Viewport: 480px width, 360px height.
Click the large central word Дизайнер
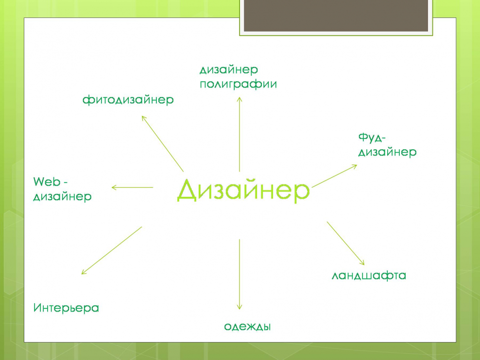243,190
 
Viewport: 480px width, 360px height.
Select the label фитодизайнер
128,101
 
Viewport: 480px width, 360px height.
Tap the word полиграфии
238,84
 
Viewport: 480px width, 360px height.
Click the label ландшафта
369,276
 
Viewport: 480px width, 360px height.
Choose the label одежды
247,326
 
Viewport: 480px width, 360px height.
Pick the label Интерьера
66,308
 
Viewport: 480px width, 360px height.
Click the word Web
46,182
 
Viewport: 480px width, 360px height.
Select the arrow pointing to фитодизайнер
162,143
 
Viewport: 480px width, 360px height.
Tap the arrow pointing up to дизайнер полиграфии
239,134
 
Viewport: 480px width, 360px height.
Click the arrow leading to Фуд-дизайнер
335,175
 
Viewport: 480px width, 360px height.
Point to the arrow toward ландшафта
345,242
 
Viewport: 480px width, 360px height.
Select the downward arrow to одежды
239,274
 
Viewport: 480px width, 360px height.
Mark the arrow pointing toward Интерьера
111,250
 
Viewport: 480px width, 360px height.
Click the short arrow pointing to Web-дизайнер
132,188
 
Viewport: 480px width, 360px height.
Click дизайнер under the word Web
62,197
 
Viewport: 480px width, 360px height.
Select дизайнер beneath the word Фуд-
387,152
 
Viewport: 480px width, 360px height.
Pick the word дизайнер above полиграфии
228,70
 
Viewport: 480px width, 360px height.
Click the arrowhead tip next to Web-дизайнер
112,188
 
